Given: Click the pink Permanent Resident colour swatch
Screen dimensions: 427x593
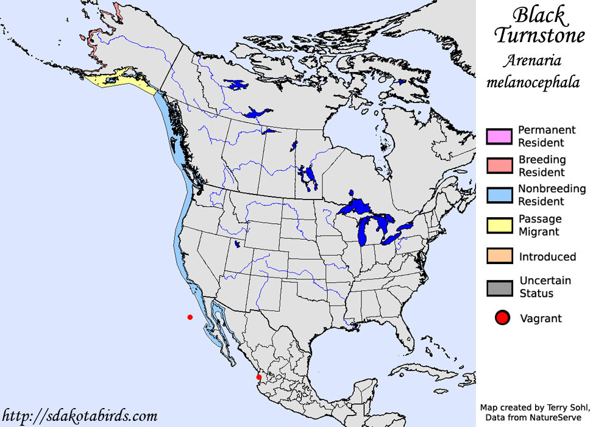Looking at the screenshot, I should point(498,136).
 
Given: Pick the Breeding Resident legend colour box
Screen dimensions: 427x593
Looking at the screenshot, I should point(498,166).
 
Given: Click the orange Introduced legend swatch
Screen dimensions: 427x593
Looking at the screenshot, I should point(498,256).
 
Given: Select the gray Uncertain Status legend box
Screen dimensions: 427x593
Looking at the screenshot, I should point(498,287).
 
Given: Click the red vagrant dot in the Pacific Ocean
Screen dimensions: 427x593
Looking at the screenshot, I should point(190,317).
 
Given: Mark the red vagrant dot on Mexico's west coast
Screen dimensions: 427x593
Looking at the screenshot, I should point(259,377).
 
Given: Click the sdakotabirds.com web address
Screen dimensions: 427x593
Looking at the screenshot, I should point(79,416).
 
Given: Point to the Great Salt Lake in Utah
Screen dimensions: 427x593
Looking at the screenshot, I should point(236,244).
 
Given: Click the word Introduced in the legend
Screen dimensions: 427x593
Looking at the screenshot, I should point(547,257).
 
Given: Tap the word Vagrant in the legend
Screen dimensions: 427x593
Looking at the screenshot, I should point(541,318).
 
